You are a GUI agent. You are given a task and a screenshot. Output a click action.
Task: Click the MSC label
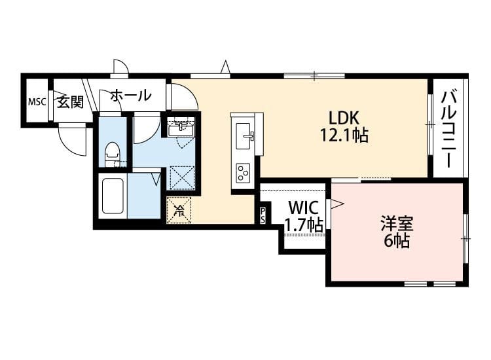tap(35, 102)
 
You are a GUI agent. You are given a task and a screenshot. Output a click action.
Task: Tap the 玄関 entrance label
tap(69, 101)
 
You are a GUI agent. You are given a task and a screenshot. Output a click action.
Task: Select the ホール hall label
tap(130, 96)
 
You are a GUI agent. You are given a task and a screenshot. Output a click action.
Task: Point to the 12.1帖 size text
tap(344, 135)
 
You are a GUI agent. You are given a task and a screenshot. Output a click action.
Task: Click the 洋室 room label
tap(397, 223)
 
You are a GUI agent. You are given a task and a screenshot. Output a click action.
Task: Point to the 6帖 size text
tap(397, 240)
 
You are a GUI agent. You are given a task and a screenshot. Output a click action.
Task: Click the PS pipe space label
tap(263, 215)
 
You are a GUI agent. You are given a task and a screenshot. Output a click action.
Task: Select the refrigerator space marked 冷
tap(179, 209)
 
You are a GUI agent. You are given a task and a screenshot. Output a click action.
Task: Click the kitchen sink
tap(246, 134)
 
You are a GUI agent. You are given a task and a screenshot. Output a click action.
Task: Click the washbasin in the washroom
tap(177, 129)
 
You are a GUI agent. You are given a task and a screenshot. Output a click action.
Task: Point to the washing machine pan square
tap(182, 177)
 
